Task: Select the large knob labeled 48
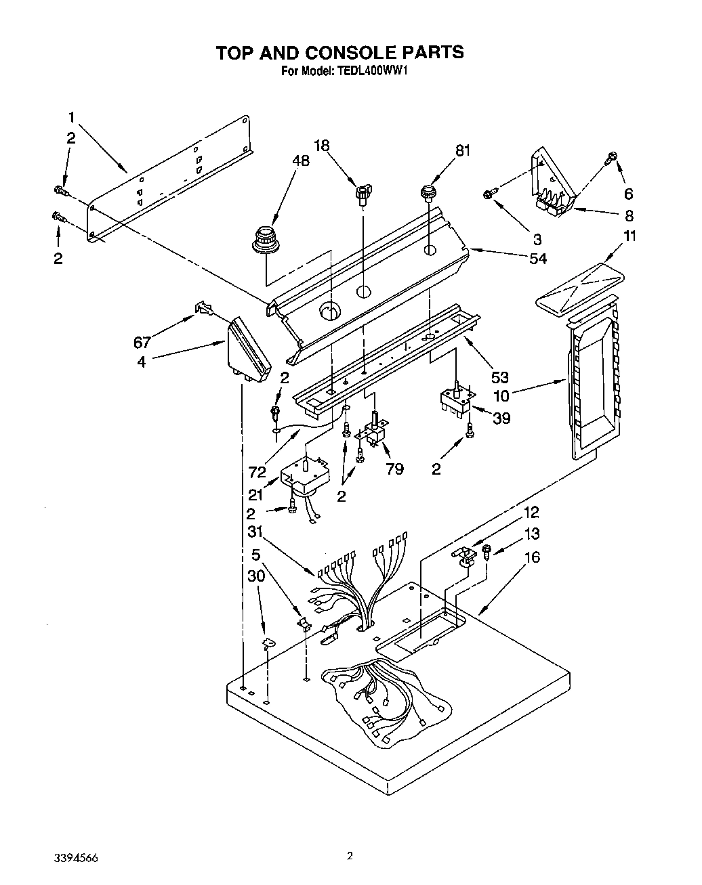264,240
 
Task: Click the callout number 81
462,151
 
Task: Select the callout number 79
394,469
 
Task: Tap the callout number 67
142,342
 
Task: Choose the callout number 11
630,236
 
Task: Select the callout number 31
254,532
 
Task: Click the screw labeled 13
487,554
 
